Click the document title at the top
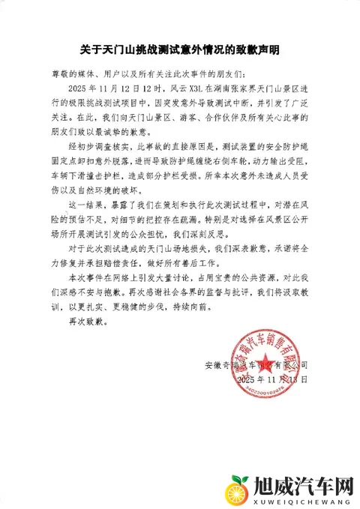click(179, 49)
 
